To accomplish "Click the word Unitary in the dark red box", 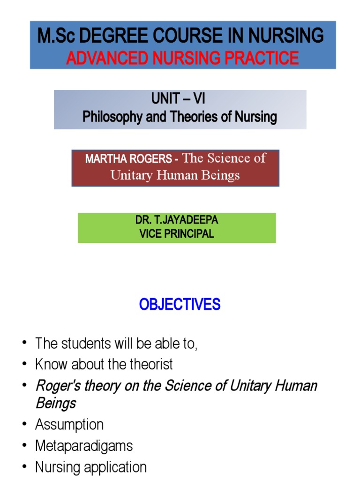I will [130, 175].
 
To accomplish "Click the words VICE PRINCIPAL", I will [176, 234].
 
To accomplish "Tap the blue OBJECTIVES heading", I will [180, 305].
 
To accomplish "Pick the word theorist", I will [150, 364].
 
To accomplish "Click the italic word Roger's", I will [58, 386].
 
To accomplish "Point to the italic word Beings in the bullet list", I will [55, 403].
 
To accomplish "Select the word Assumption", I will [69, 425].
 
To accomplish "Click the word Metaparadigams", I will [84, 446].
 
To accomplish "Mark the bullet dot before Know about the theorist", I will [24, 365].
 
